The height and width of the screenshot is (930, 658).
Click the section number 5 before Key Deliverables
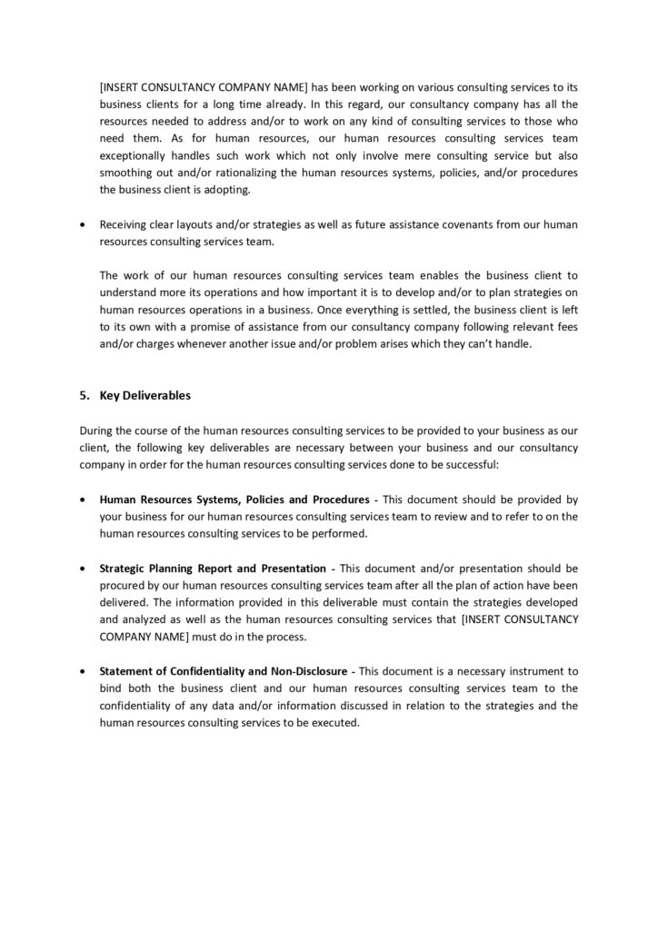click(84, 395)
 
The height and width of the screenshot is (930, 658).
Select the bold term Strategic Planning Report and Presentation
click(206, 568)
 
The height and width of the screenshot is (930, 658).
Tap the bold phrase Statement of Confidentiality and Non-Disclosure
click(223, 671)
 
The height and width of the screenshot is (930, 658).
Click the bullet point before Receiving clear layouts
click(85, 224)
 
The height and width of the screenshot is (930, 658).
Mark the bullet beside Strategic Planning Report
click(85, 569)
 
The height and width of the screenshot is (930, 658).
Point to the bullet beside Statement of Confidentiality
click(85, 672)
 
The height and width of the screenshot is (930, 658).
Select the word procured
click(124, 585)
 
